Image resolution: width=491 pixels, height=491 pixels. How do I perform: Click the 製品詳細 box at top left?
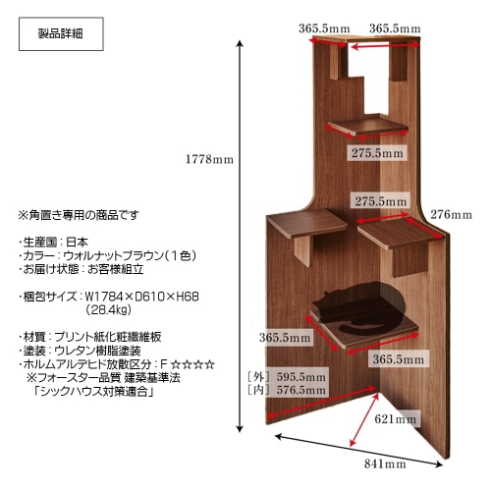click(x=61, y=34)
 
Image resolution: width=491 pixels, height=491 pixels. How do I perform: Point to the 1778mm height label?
click(x=209, y=159)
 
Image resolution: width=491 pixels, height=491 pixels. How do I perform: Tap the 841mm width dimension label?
click(x=385, y=464)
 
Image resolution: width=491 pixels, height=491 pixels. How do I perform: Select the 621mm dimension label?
click(x=396, y=419)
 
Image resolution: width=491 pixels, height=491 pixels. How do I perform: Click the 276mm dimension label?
click(x=451, y=215)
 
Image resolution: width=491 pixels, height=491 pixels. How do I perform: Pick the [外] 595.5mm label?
click(x=287, y=377)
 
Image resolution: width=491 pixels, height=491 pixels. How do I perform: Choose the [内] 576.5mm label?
click(x=287, y=390)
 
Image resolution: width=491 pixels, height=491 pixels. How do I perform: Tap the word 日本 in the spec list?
click(x=77, y=243)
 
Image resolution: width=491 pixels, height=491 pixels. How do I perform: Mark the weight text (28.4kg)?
click(x=108, y=309)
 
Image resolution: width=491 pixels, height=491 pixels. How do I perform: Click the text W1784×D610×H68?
click(x=141, y=297)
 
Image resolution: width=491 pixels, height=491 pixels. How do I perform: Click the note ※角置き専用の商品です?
click(x=79, y=215)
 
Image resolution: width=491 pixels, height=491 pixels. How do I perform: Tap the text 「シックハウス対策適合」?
click(x=93, y=392)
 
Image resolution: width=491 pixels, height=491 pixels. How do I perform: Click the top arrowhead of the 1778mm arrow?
click(x=240, y=42)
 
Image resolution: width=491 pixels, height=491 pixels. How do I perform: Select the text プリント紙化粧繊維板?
click(x=108, y=337)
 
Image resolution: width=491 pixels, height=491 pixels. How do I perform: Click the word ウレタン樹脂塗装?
click(x=97, y=351)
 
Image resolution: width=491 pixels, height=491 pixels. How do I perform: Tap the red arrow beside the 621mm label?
click(x=363, y=419)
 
